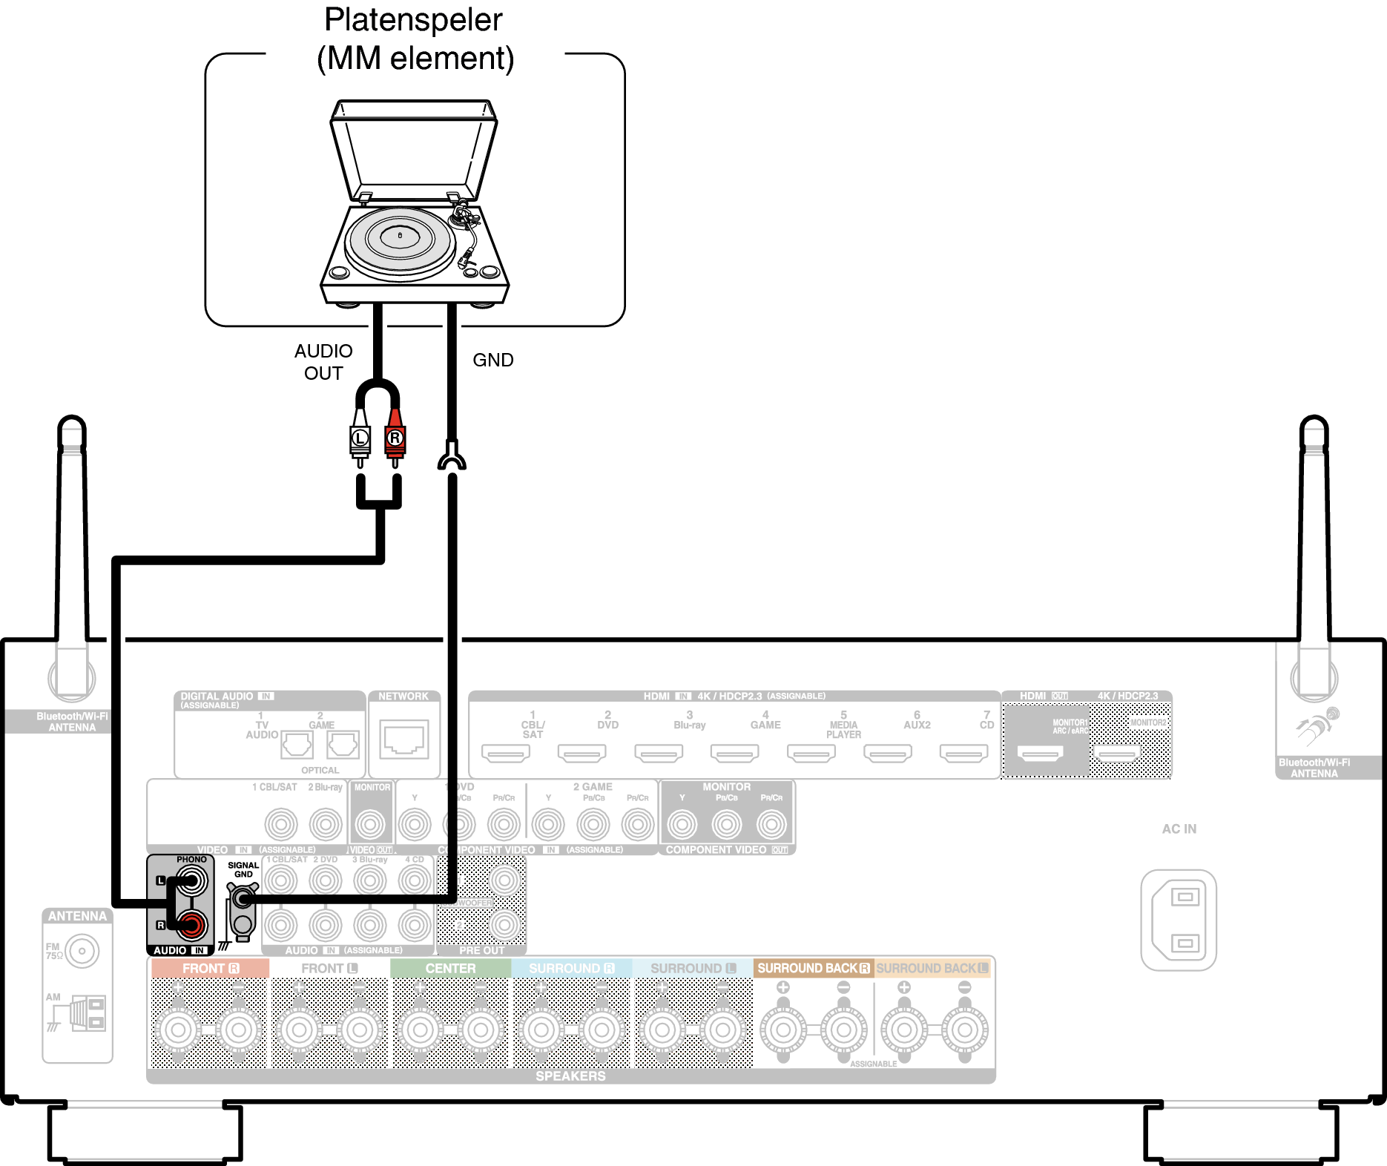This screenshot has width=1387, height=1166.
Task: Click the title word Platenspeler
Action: tap(413, 20)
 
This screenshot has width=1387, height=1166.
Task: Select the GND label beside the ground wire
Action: tap(492, 360)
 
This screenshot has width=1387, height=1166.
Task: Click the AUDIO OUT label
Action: tap(323, 362)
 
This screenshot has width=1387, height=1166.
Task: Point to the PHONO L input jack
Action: tap(191, 881)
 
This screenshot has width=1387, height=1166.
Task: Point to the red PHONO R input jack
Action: tap(191, 925)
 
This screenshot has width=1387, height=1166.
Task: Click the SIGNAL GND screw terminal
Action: tap(242, 900)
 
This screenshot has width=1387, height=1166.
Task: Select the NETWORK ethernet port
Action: tap(404, 740)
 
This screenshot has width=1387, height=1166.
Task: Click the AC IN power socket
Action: tap(1179, 920)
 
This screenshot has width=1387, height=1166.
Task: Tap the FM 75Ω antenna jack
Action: tap(82, 951)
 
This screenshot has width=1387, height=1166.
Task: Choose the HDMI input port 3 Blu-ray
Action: tap(659, 754)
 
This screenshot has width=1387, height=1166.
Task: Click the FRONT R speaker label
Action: tap(210, 969)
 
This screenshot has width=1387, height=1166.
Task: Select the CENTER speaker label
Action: tap(450, 969)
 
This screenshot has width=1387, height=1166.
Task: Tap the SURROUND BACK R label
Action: tap(813, 969)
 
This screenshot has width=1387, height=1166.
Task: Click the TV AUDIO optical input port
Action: tap(297, 745)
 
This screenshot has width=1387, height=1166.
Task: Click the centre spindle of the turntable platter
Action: tap(400, 235)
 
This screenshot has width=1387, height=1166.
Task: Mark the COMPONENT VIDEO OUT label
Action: tap(726, 850)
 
